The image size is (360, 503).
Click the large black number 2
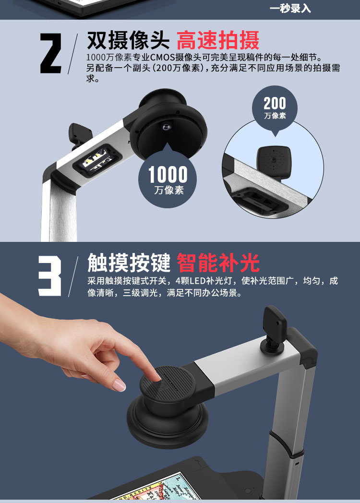[51, 53]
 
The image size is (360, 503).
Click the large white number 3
[50, 276]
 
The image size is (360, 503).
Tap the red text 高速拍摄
[218, 41]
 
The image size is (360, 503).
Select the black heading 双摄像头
[128, 41]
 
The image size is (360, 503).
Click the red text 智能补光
[218, 263]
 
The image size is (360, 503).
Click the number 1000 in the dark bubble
[168, 175]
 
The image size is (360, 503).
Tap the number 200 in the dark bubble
[275, 103]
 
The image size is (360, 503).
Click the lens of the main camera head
[166, 127]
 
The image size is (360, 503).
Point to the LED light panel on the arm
[97, 161]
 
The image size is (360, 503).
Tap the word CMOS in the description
[163, 58]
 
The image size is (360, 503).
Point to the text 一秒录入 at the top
[290, 8]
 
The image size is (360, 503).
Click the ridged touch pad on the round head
[167, 382]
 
